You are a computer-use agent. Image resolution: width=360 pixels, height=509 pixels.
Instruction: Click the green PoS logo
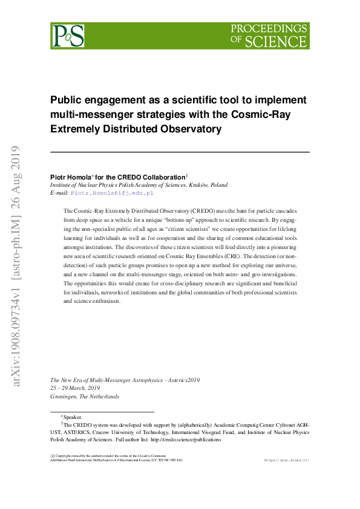pos(67,36)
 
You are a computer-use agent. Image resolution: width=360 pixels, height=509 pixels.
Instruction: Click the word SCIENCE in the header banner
pos(275,42)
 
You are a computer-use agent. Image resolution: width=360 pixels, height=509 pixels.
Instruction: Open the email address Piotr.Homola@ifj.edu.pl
pos(112,193)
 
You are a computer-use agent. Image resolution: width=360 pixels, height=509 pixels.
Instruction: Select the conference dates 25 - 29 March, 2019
pos(75,388)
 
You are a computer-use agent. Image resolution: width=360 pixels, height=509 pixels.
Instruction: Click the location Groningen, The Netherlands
pos(85,397)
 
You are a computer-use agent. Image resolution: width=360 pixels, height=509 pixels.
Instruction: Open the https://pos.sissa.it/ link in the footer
pos(287,460)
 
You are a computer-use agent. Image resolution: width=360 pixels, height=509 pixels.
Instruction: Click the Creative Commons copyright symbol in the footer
pos(52,455)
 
